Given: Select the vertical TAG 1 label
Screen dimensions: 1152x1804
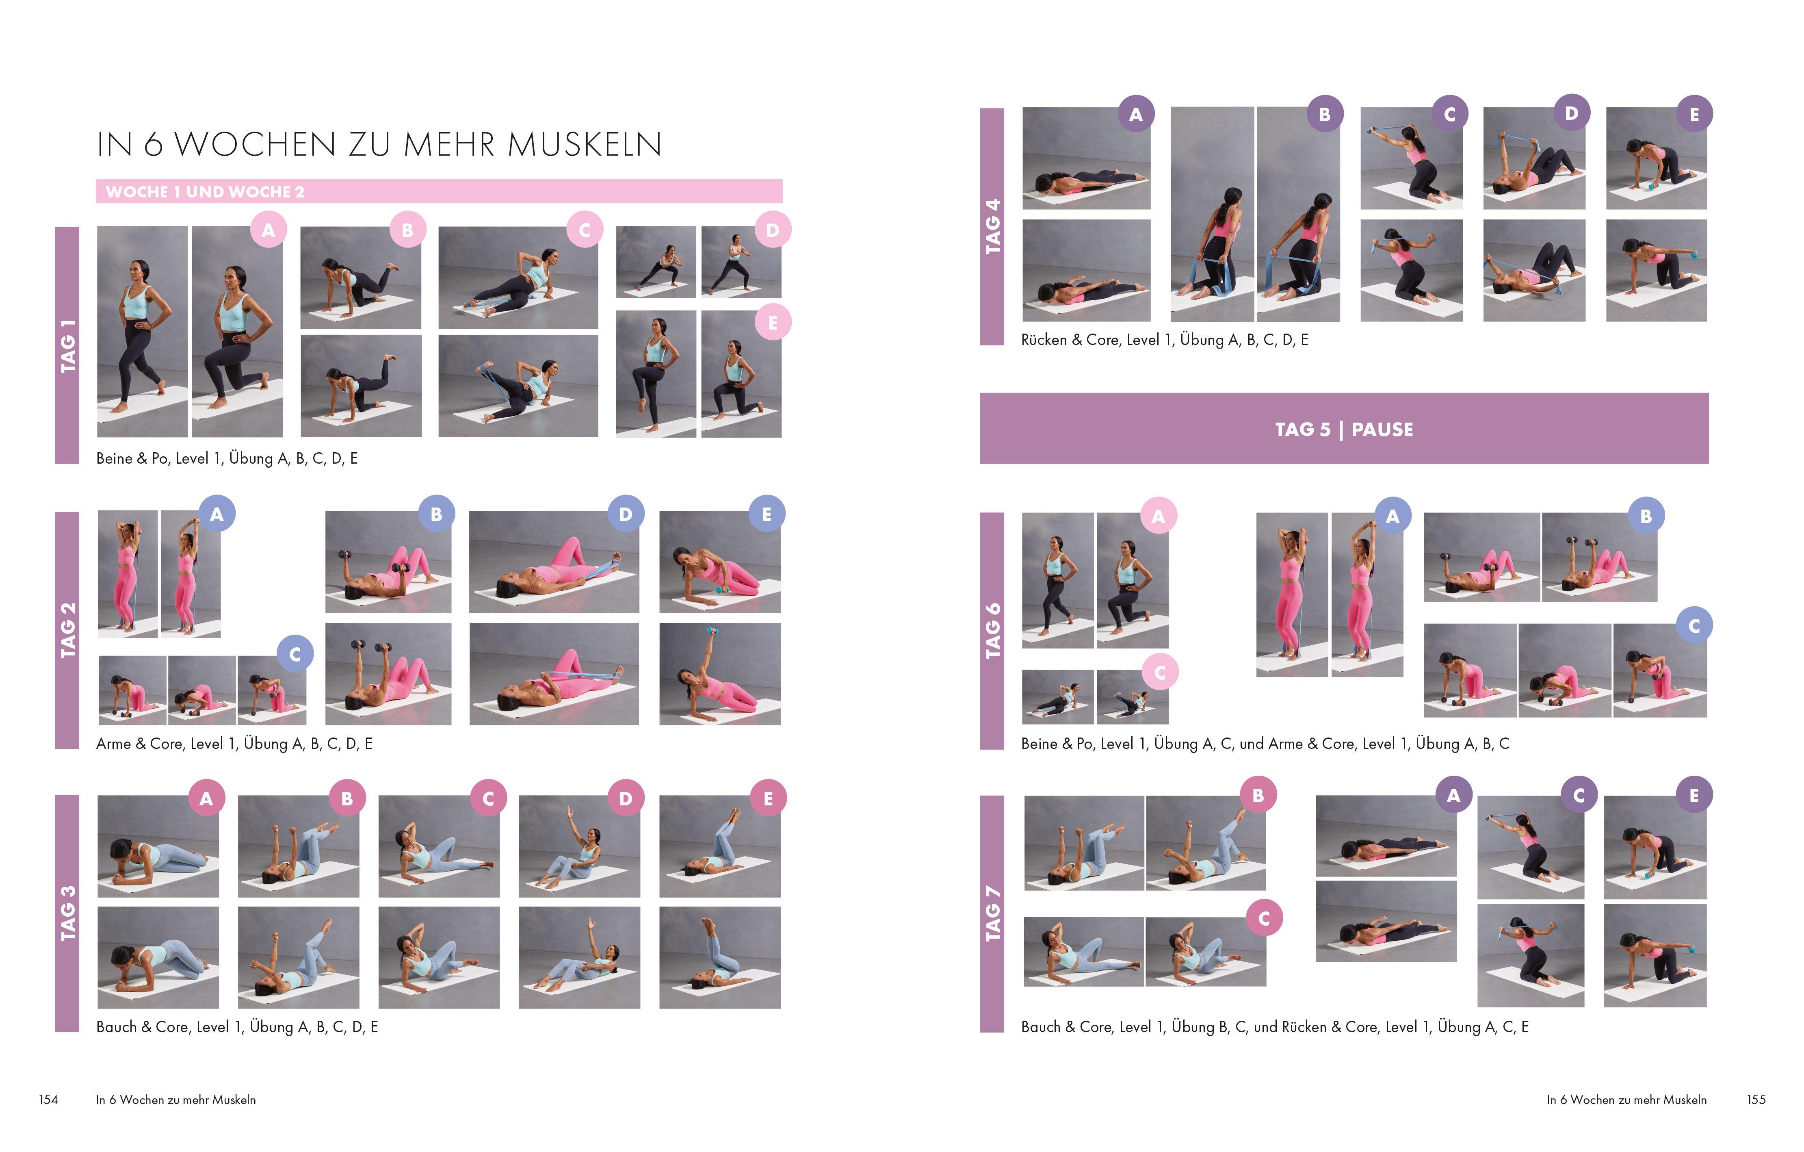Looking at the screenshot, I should tap(67, 345).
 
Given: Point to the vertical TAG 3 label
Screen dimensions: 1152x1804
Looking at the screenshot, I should tap(67, 913).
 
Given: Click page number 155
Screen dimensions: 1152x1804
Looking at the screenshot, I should tap(1755, 1100).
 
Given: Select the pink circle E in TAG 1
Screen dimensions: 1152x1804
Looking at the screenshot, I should tap(772, 323).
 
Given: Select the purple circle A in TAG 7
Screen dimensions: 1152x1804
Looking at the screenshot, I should tap(1453, 796).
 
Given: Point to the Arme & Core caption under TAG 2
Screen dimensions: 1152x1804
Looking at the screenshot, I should tap(234, 744).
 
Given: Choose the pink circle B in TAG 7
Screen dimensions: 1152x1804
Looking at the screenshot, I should tap(1258, 796).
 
